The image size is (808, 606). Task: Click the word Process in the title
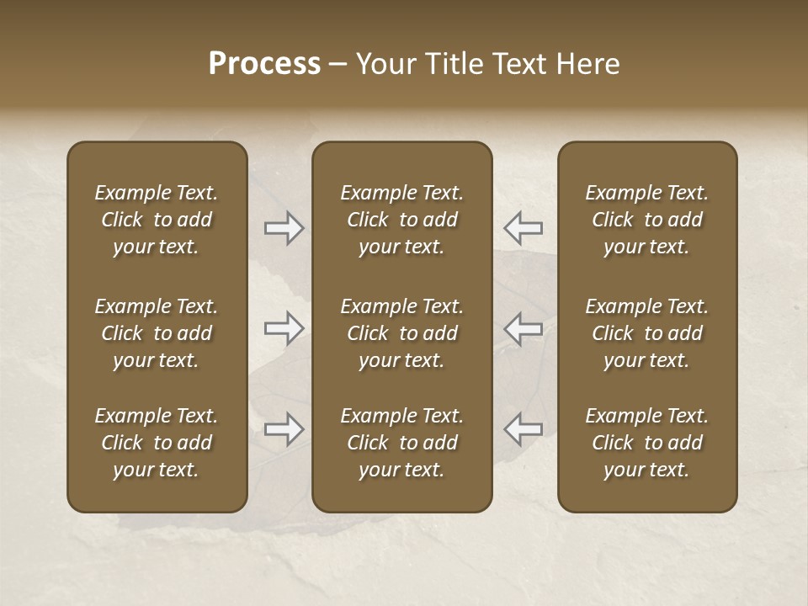click(264, 64)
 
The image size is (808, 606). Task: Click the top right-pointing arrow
click(284, 227)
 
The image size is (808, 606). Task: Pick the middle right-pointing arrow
click(284, 328)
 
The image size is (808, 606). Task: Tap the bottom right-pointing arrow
click(284, 429)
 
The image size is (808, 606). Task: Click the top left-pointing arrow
click(523, 227)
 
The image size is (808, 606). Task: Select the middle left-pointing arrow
click(523, 328)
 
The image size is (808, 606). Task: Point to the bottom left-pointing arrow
click(523, 429)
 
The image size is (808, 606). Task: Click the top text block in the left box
click(157, 220)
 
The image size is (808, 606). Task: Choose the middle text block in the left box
click(157, 333)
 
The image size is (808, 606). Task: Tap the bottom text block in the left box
click(157, 443)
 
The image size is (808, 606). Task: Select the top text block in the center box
click(401, 220)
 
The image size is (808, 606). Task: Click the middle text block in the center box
click(401, 333)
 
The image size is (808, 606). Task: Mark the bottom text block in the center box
click(401, 443)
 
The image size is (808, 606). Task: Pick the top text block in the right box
click(646, 220)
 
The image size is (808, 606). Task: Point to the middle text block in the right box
click(646, 333)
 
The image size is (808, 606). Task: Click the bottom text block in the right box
click(646, 443)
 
